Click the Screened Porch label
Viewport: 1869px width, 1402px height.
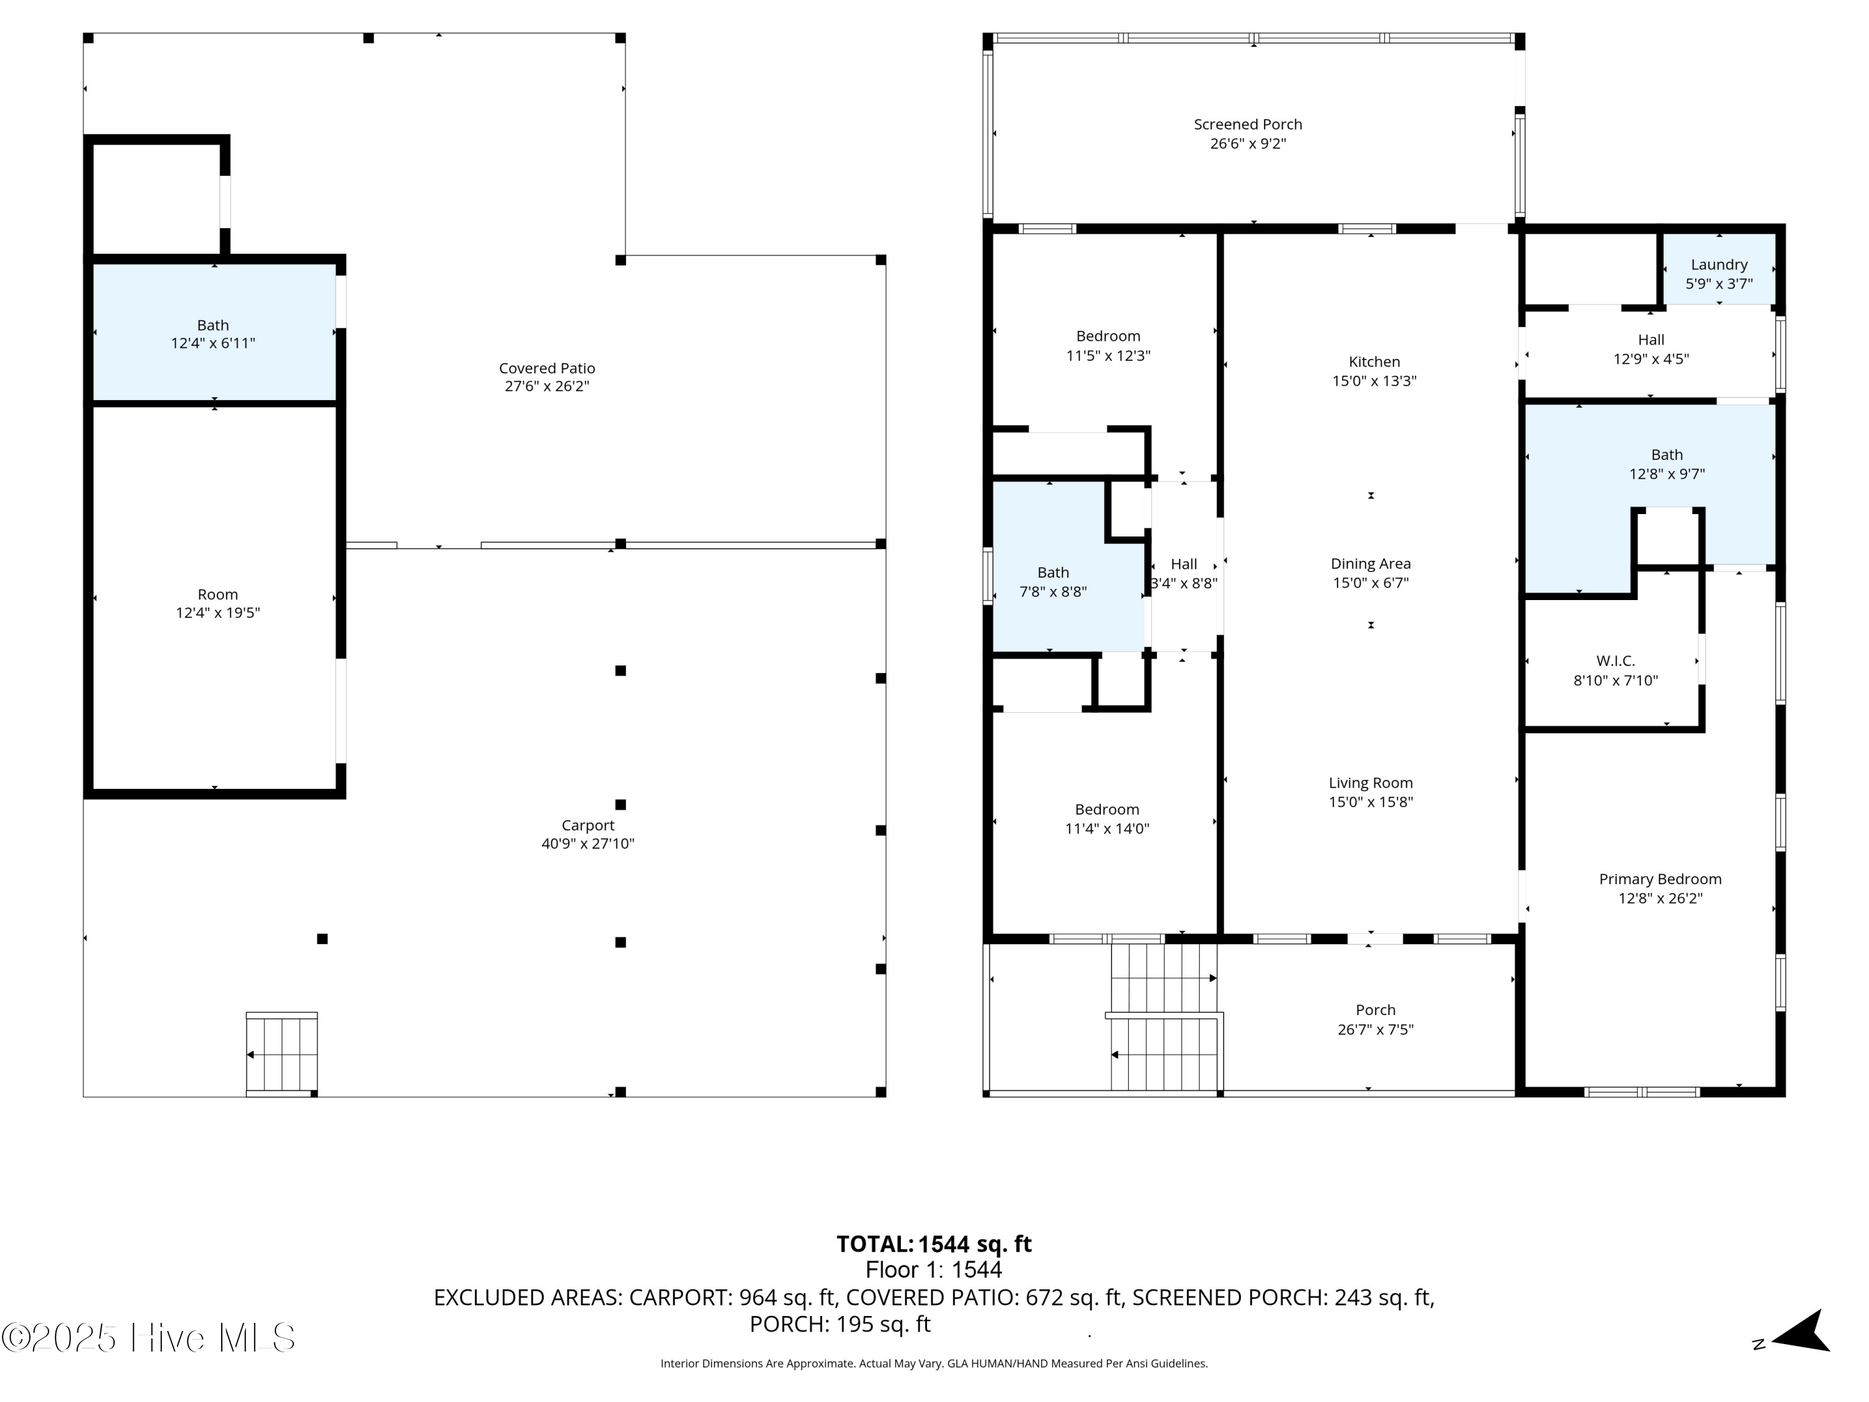tap(1247, 124)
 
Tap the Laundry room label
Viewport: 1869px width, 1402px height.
tap(1719, 265)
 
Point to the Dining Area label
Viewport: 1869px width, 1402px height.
tap(1369, 564)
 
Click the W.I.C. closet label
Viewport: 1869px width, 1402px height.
tap(1615, 661)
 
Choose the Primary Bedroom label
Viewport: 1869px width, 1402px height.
tap(1660, 879)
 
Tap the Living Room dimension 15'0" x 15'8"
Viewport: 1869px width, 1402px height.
tap(1369, 802)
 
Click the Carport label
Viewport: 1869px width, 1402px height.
tap(587, 826)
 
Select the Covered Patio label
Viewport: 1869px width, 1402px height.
tap(546, 368)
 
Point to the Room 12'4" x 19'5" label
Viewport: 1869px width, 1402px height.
tap(217, 595)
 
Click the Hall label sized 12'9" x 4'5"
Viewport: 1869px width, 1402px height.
tap(1650, 340)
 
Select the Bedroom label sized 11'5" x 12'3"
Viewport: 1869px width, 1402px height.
tap(1108, 336)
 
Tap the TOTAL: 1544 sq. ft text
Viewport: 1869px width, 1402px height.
tap(934, 1244)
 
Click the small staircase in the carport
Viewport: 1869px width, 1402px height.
tap(282, 1054)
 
